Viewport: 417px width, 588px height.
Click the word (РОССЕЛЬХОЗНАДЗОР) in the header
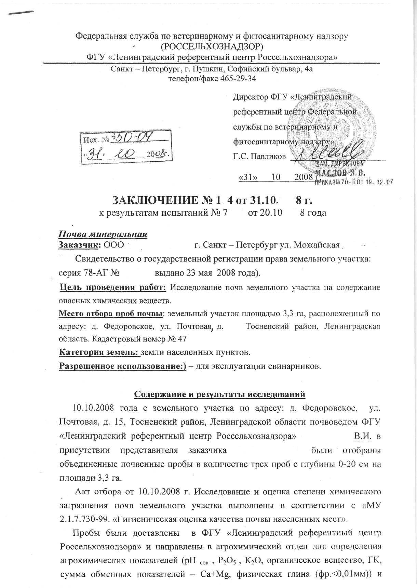click(x=212, y=46)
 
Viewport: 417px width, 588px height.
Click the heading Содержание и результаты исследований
click(x=219, y=394)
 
